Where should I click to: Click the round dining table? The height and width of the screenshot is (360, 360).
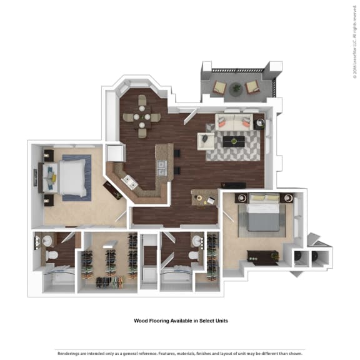(141, 116)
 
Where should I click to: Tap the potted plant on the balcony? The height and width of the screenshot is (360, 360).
(236, 89)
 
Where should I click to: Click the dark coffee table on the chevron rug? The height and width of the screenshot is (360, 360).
(234, 141)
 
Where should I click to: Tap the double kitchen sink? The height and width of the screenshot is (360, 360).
(161, 168)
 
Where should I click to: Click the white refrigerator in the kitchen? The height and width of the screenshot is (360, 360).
(115, 153)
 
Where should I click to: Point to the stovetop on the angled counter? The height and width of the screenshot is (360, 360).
(131, 182)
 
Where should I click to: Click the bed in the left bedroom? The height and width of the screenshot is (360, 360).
(69, 177)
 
